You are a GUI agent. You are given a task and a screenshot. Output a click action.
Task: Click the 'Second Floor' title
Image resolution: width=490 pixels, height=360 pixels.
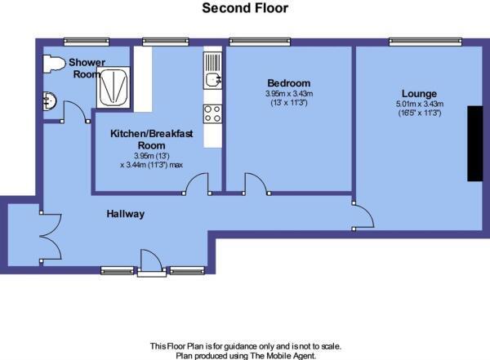click(245, 9)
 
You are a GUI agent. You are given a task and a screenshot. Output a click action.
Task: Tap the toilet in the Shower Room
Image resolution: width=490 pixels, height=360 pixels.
click(54, 63)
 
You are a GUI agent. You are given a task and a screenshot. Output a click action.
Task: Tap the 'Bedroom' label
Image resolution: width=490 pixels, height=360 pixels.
click(289, 83)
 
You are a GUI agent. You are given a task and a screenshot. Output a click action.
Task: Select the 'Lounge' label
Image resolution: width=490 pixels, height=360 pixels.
click(418, 93)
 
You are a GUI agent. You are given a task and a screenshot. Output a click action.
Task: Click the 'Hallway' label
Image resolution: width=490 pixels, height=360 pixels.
click(125, 214)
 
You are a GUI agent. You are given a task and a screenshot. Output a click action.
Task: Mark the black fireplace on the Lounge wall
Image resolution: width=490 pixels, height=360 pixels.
click(474, 143)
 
